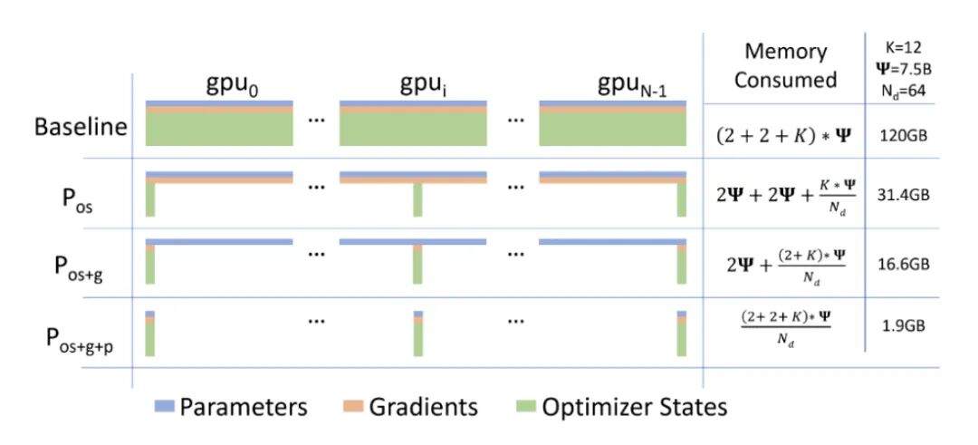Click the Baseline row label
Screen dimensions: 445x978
[81, 126]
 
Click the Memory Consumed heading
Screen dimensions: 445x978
[785, 66]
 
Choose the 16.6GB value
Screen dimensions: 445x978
[906, 265]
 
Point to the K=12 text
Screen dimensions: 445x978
[907, 46]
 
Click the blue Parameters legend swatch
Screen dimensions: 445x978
[163, 407]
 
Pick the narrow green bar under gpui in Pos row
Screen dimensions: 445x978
[417, 199]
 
